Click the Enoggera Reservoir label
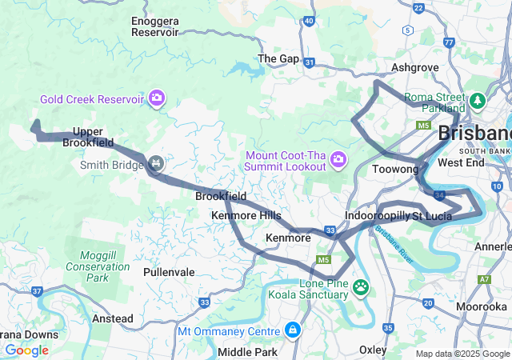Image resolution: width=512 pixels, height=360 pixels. (x=154, y=26)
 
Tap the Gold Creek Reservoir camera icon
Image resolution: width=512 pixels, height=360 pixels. (x=157, y=98)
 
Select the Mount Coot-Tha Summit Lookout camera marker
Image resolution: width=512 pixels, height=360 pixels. (x=338, y=159)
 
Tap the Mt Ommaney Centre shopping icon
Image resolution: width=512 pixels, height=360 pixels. (x=293, y=330)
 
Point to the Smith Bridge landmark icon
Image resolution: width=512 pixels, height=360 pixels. (x=156, y=166)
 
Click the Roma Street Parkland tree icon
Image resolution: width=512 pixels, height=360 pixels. (x=478, y=101)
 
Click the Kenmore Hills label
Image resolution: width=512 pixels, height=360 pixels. (x=246, y=216)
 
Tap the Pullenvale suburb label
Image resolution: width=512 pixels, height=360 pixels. (x=169, y=272)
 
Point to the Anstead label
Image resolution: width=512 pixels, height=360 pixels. (x=113, y=318)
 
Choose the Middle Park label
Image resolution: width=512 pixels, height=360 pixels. (x=247, y=352)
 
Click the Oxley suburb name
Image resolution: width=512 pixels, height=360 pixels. (x=373, y=350)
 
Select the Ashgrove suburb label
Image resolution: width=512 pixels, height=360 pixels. (x=411, y=69)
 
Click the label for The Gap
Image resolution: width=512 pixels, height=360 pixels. (x=278, y=58)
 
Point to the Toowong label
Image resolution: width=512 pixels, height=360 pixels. (x=395, y=170)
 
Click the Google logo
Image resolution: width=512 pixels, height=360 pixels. (x=26, y=350)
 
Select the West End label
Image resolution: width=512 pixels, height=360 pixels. (x=462, y=162)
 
